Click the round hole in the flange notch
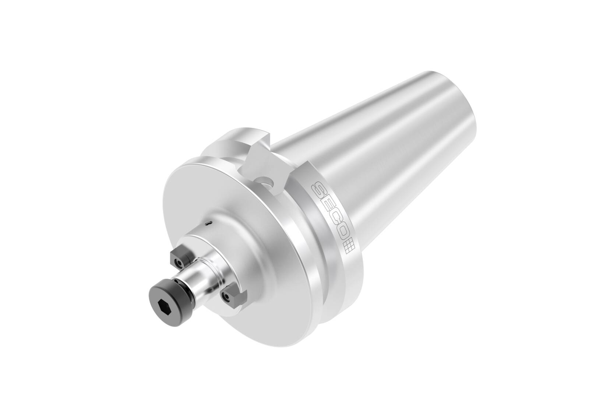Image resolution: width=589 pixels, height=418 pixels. pos(266,182)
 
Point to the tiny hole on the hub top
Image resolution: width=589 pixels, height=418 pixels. pos(209,222)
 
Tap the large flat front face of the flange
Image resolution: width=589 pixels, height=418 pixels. pos(236,221)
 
